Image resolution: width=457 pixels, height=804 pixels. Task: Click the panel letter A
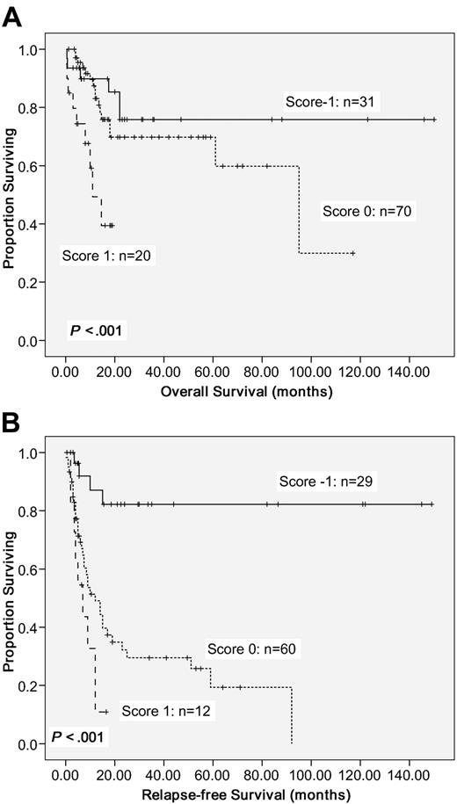tap(13, 15)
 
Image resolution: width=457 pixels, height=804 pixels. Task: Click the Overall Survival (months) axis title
tap(246, 392)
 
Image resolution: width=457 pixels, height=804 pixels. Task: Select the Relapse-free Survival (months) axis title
tap(246, 795)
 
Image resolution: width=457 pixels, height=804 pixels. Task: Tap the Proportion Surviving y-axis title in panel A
tap(11, 195)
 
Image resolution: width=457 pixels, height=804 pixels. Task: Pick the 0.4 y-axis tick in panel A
tap(41, 224)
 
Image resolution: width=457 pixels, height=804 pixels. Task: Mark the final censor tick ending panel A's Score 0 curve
tap(352, 253)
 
